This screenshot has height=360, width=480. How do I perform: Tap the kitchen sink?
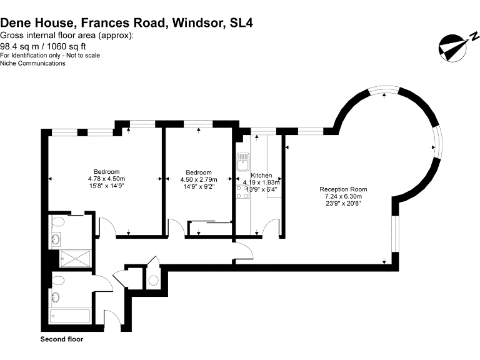click(242, 164)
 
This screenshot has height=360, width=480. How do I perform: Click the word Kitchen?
click(261, 176)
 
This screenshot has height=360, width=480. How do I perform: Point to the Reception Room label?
click(343, 189)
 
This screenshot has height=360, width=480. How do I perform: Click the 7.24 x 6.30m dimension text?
click(343, 196)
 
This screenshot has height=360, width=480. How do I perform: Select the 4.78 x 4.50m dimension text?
click(106, 179)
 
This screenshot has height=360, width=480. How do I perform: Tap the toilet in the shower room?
click(57, 222)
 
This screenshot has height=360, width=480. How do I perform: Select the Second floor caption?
click(62, 339)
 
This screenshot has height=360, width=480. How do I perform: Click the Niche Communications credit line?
click(32, 63)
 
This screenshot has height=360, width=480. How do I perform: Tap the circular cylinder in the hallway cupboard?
click(154, 280)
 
